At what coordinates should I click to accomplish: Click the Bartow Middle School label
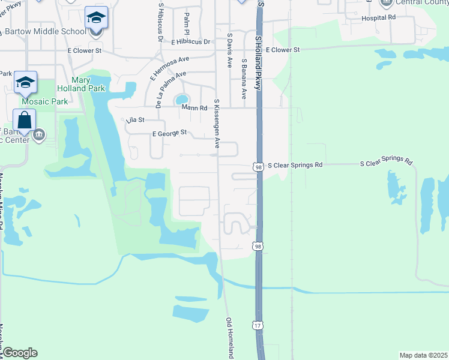tap(44, 31)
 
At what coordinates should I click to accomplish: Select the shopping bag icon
tap(24, 119)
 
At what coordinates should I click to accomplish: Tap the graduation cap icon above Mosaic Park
tap(25, 82)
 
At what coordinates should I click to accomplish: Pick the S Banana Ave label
tap(244, 79)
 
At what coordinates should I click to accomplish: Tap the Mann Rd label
tap(194, 108)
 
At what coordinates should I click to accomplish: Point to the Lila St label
tap(136, 120)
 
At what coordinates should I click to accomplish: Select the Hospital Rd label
tap(379, 18)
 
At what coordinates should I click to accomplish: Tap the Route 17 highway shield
tap(257, 325)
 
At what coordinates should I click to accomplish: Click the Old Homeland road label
tap(229, 337)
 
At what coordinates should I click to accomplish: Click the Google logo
tap(20, 353)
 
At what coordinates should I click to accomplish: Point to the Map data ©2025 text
tap(423, 355)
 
